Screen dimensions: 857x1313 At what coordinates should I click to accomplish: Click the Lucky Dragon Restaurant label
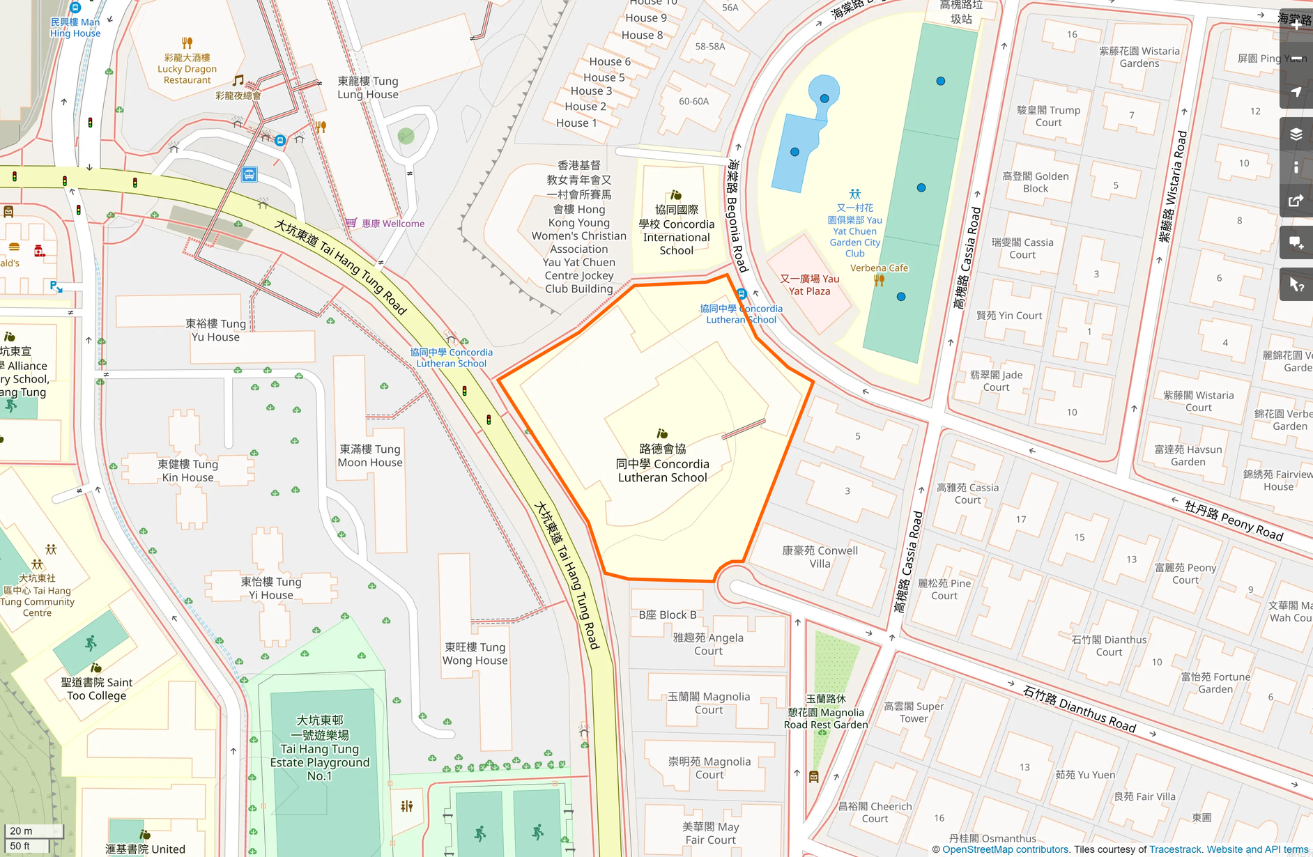point(187,69)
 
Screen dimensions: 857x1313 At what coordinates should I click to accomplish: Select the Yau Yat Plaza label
point(809,285)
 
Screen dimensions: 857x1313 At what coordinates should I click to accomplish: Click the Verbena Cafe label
point(879,268)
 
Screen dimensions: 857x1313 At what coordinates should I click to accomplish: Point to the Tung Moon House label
point(370,456)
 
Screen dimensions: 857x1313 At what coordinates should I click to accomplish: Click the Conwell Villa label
point(820,557)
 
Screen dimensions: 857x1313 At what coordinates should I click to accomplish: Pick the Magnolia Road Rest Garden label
point(826,712)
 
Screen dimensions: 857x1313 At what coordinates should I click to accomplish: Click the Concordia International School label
point(676,230)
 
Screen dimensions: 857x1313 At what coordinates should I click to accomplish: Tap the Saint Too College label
point(96,689)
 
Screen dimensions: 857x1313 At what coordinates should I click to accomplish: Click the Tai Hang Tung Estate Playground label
point(320,748)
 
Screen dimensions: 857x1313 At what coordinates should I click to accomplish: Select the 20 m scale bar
point(33,831)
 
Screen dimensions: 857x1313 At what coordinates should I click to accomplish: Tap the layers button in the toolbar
point(1296,134)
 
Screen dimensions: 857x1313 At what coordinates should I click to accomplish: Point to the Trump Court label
point(1048,116)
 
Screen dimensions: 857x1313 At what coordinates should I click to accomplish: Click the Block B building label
point(667,615)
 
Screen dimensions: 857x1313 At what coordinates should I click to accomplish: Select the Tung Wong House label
point(475,654)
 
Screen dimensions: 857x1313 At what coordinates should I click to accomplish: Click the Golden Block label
point(1035,183)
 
